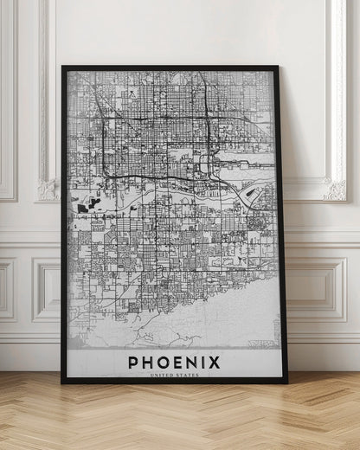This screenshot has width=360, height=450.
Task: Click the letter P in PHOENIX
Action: pos(133,362)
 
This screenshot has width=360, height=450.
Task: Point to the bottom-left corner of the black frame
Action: pos(62,382)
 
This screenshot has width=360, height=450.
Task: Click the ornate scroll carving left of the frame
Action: pos(47,188)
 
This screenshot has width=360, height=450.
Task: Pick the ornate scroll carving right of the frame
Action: pos(334,188)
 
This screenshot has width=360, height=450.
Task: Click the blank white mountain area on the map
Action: pos(216,320)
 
